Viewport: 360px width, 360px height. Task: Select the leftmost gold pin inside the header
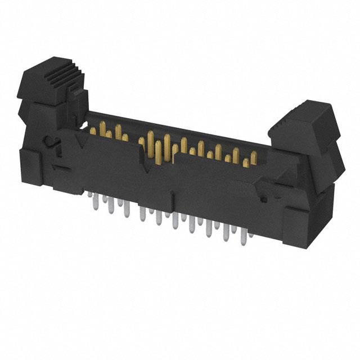[93, 130]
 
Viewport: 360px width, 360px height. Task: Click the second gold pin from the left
[103, 134]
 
